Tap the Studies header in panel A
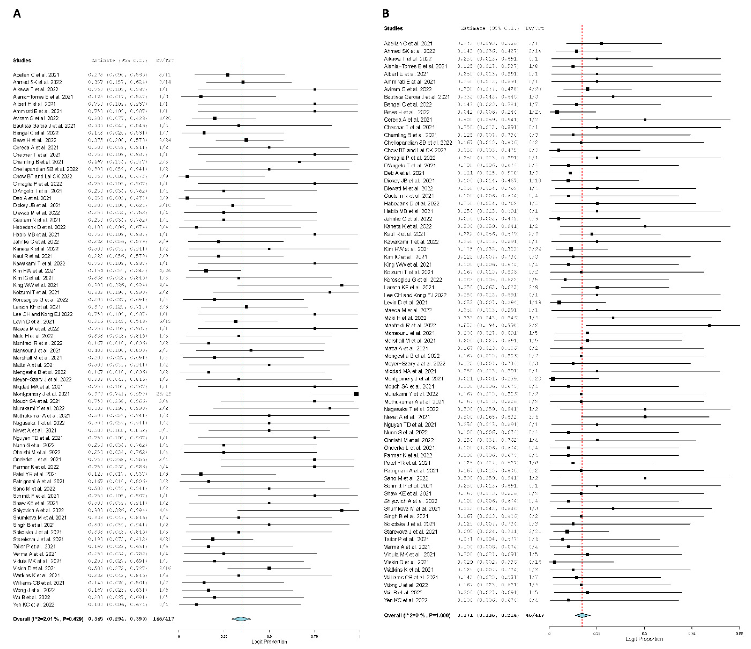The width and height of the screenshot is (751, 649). click(x=22, y=61)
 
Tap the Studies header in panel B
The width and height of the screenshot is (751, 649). click(x=393, y=28)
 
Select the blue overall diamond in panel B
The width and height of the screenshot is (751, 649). click(x=582, y=615)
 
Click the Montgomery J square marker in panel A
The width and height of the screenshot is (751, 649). click(x=356, y=394)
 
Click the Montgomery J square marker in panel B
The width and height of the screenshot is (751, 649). click(x=553, y=379)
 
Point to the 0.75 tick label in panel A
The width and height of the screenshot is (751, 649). click(x=314, y=636)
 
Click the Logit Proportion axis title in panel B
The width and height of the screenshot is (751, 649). click(x=644, y=639)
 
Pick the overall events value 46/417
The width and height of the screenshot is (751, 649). click(x=535, y=615)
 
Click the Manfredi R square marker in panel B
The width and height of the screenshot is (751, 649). click(x=709, y=325)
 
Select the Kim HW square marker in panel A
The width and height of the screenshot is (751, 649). click(x=206, y=271)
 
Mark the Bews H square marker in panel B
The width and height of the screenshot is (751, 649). click(x=557, y=112)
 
